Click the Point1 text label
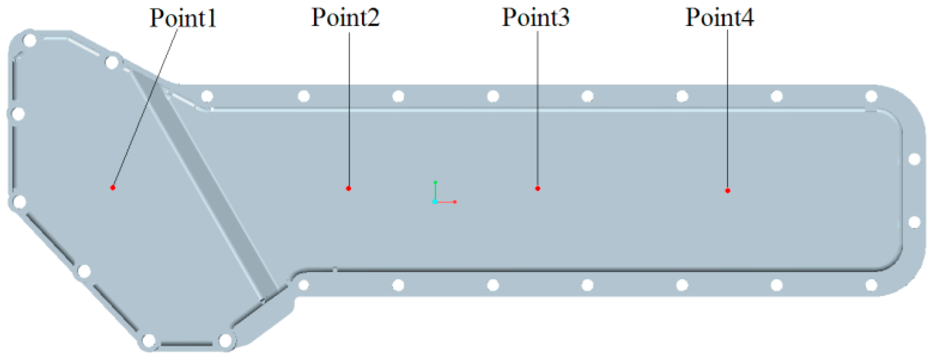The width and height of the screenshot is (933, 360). [183, 18]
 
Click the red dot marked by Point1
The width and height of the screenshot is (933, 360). [113, 187]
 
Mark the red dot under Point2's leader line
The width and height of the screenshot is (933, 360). [349, 188]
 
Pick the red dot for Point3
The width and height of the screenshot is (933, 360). [538, 188]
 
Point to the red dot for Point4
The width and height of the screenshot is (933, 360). [728, 190]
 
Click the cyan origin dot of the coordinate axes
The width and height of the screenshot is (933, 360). [435, 202]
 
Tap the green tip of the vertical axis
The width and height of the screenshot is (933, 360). [435, 182]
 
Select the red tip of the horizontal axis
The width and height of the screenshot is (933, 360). [455, 202]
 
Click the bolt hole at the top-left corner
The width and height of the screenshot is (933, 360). [30, 40]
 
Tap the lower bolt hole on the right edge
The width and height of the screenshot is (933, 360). [915, 222]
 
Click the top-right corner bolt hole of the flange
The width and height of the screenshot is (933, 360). [872, 96]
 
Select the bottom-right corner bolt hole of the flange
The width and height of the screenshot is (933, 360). [872, 285]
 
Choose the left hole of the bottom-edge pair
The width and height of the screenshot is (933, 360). [149, 341]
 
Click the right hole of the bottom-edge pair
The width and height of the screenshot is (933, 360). [226, 341]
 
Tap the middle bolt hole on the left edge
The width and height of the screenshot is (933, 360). [18, 114]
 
